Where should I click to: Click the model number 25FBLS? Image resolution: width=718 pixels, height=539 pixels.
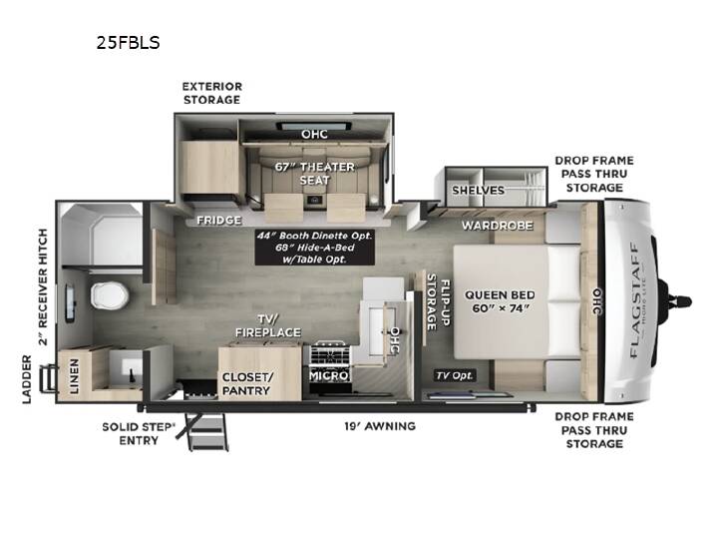click(128, 43)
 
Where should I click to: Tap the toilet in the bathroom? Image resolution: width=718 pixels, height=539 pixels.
click(109, 295)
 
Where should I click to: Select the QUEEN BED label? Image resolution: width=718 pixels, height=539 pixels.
click(500, 294)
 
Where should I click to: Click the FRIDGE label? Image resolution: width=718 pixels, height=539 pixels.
click(218, 221)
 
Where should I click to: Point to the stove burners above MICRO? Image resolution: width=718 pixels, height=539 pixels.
click(330, 353)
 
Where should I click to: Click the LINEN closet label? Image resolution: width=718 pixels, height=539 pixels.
click(74, 376)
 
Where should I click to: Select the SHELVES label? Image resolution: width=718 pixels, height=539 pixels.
click(478, 191)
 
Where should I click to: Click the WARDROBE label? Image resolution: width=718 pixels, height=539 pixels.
click(498, 226)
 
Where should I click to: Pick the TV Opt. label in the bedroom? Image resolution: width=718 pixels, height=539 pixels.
click(455, 376)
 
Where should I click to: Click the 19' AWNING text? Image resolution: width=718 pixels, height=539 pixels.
click(380, 426)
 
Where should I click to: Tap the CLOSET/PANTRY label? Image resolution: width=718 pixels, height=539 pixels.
click(247, 384)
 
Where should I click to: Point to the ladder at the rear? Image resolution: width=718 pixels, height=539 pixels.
click(49, 378)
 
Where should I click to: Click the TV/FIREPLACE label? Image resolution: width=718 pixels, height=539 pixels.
click(268, 325)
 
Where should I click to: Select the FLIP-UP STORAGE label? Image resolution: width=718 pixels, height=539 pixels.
click(438, 302)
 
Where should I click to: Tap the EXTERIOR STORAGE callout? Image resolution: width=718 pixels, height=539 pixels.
click(212, 93)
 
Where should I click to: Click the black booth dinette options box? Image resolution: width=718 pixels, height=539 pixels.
click(314, 248)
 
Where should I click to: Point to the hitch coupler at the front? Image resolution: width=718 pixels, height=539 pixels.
click(677, 302)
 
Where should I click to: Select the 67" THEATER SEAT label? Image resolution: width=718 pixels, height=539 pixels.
click(314, 174)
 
